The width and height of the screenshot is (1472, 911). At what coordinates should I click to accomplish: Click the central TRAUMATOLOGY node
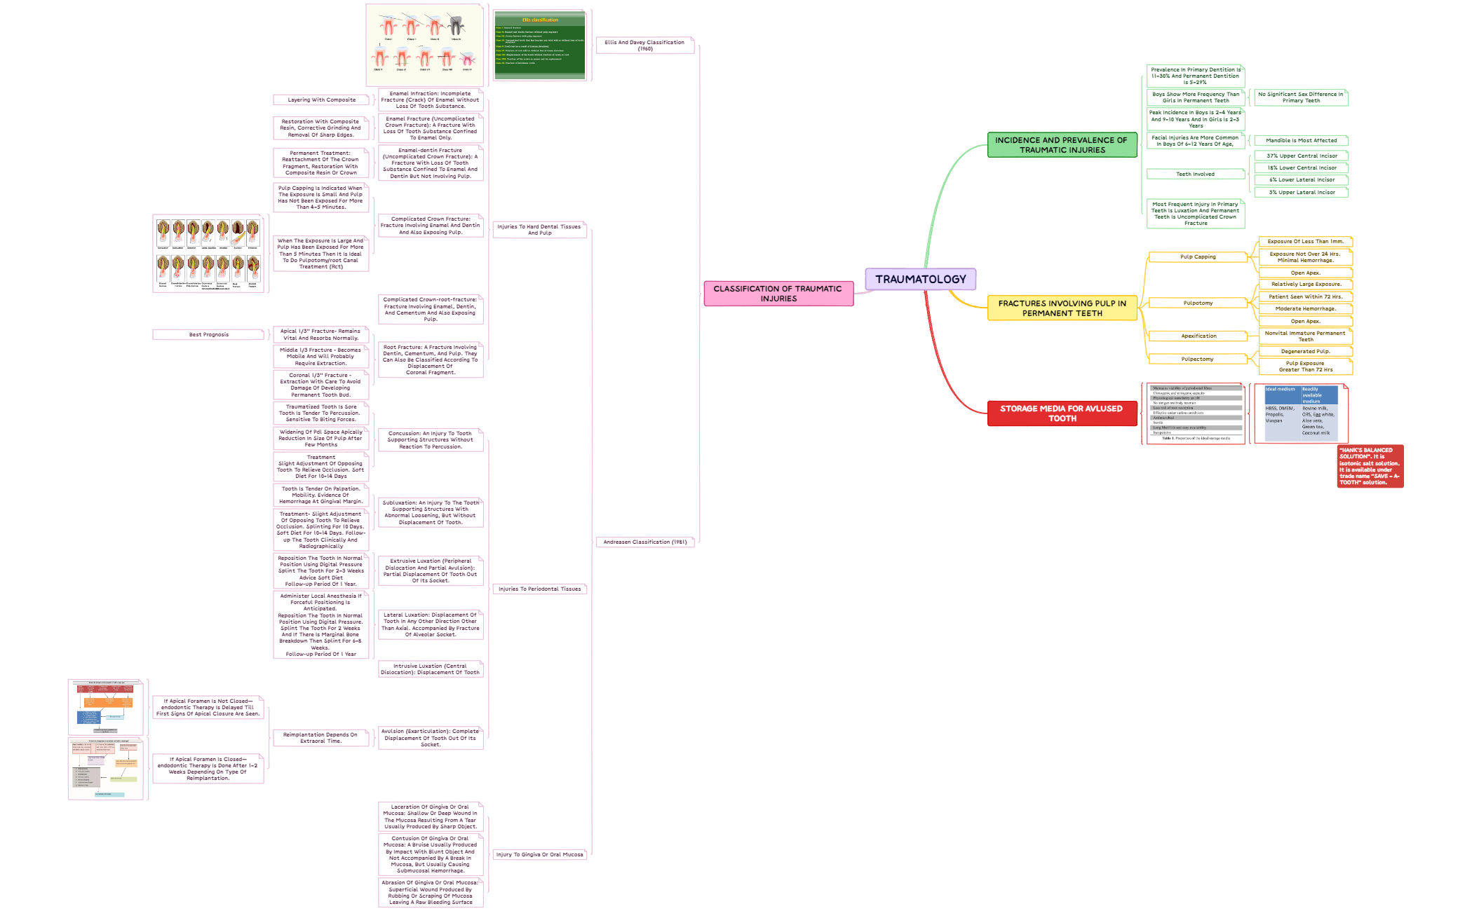click(920, 279)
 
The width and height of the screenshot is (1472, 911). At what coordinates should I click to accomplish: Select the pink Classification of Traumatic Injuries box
click(778, 294)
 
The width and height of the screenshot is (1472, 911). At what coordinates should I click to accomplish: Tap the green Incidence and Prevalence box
click(1062, 145)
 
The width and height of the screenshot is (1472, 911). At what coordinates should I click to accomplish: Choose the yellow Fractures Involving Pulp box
click(1062, 308)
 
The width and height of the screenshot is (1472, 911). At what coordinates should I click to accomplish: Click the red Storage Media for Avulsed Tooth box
click(1062, 413)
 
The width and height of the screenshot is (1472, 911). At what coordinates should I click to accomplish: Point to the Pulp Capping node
click(1198, 257)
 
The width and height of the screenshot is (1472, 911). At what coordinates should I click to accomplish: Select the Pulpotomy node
click(1198, 303)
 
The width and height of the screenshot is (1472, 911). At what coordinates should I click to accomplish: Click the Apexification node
click(1198, 336)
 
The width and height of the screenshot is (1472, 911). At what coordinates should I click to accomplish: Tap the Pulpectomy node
click(1197, 359)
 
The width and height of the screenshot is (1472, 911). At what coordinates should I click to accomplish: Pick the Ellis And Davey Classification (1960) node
click(644, 46)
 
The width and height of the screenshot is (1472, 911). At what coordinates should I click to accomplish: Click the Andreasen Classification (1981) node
click(645, 542)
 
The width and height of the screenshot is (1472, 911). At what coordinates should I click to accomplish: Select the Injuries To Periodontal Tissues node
click(539, 589)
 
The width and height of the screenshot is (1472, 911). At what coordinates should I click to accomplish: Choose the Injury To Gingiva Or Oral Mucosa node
click(539, 855)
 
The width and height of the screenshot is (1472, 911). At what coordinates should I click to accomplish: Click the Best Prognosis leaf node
click(209, 335)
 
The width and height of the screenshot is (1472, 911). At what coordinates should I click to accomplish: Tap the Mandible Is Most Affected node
click(1301, 141)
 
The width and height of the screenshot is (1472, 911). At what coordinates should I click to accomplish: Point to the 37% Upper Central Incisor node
click(1302, 156)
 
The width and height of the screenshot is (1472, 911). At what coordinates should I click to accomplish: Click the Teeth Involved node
click(1195, 174)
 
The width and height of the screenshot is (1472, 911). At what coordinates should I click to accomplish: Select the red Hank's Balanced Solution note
click(1370, 466)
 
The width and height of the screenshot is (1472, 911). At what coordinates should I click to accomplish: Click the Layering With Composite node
click(321, 100)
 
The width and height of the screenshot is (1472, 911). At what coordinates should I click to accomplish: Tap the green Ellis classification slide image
click(539, 46)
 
